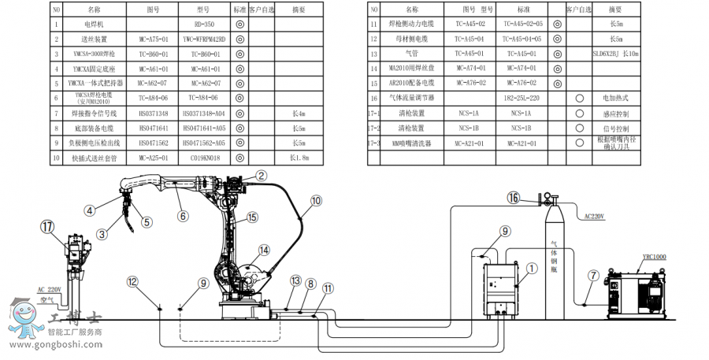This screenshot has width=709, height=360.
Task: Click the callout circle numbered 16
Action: point(514,198)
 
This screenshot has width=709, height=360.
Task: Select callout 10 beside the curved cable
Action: point(315,201)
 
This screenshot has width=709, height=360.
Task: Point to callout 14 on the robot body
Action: point(264,250)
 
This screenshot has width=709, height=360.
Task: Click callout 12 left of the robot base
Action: point(132,281)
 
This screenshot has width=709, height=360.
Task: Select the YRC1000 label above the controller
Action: point(654,257)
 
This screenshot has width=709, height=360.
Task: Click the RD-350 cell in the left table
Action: point(203,24)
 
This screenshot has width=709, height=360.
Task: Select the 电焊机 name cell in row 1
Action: point(94,24)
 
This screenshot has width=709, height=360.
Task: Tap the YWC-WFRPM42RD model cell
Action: point(203,39)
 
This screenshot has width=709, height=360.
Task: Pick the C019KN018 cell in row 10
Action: point(203,158)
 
